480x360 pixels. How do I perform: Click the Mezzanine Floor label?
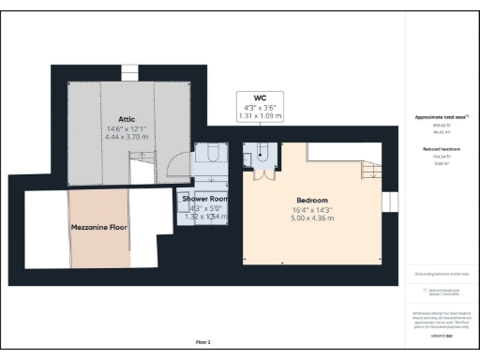pos(98,228)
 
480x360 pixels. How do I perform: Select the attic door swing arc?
pos(174,166)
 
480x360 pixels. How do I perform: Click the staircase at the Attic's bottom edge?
pos(142,171)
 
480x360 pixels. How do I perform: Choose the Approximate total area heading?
pos(441,117)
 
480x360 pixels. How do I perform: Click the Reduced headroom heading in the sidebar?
pos(441,149)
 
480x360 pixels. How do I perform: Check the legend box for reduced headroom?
pos(427,291)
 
